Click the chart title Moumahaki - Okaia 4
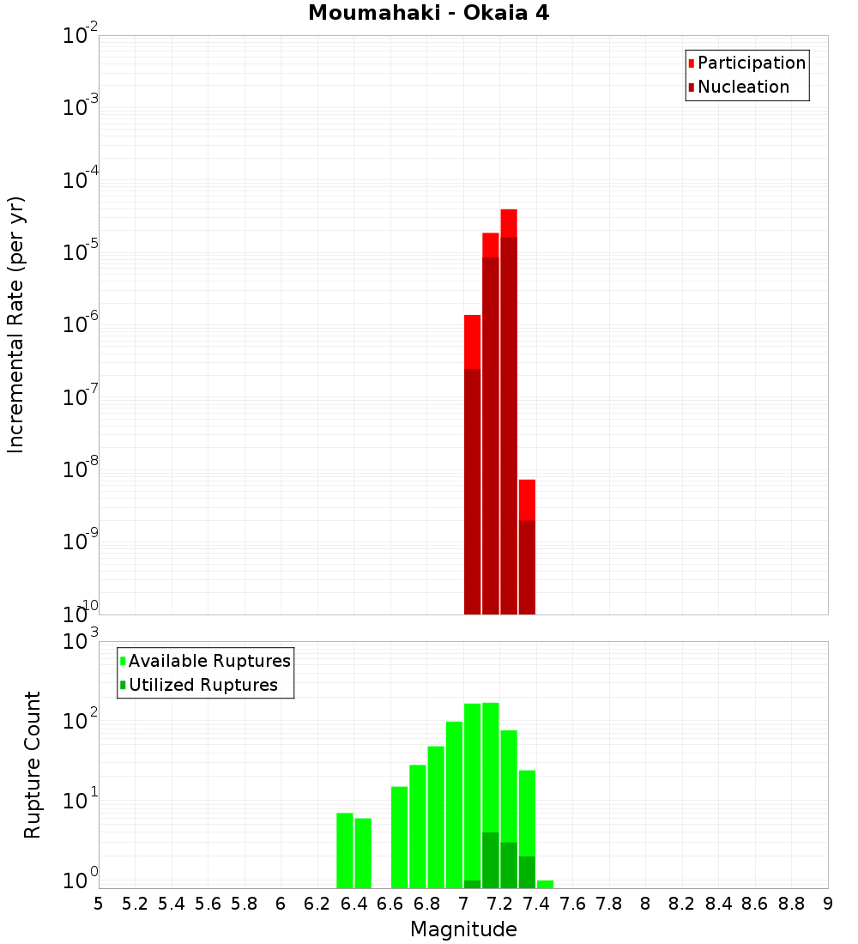(x=428, y=14)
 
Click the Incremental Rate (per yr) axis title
(x=16, y=325)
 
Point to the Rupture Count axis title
(x=33, y=765)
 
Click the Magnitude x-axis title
(x=463, y=929)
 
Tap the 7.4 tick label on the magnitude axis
(x=536, y=904)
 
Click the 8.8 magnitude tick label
(x=791, y=904)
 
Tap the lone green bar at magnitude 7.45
(x=545, y=884)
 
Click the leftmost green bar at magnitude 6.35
(x=345, y=850)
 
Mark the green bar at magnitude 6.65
(x=399, y=837)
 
